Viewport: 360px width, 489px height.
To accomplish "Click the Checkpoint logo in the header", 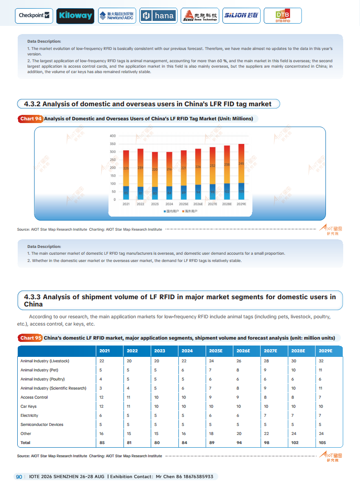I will pos(35,15).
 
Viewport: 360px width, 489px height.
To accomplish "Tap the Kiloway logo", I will pos(75,16).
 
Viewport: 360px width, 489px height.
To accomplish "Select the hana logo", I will pos(158,16).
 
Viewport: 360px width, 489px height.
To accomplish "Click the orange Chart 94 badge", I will pos(31,119).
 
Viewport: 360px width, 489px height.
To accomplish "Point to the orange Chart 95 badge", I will pos(31,338).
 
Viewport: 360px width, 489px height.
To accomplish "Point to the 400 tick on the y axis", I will pos(113,136).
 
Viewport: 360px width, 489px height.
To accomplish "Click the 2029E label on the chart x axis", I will pos(242,204).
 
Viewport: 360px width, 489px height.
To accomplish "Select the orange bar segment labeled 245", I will pos(242,163).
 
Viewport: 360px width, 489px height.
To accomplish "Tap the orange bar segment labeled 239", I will pos(140,168).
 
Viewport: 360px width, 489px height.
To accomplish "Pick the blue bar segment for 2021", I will pos(126,193).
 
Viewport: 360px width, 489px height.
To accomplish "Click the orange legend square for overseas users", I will pos(182,212).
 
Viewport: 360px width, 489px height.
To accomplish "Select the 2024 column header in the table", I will pos(187,351).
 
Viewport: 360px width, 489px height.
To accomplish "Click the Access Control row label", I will pos(34,397).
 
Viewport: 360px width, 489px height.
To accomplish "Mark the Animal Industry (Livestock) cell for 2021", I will pos(102,361).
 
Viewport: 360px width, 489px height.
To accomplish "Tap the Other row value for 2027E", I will pos(266,434).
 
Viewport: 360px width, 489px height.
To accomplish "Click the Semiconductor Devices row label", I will pos(42,425).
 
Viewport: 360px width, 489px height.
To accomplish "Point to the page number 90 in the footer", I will pos(19,477).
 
